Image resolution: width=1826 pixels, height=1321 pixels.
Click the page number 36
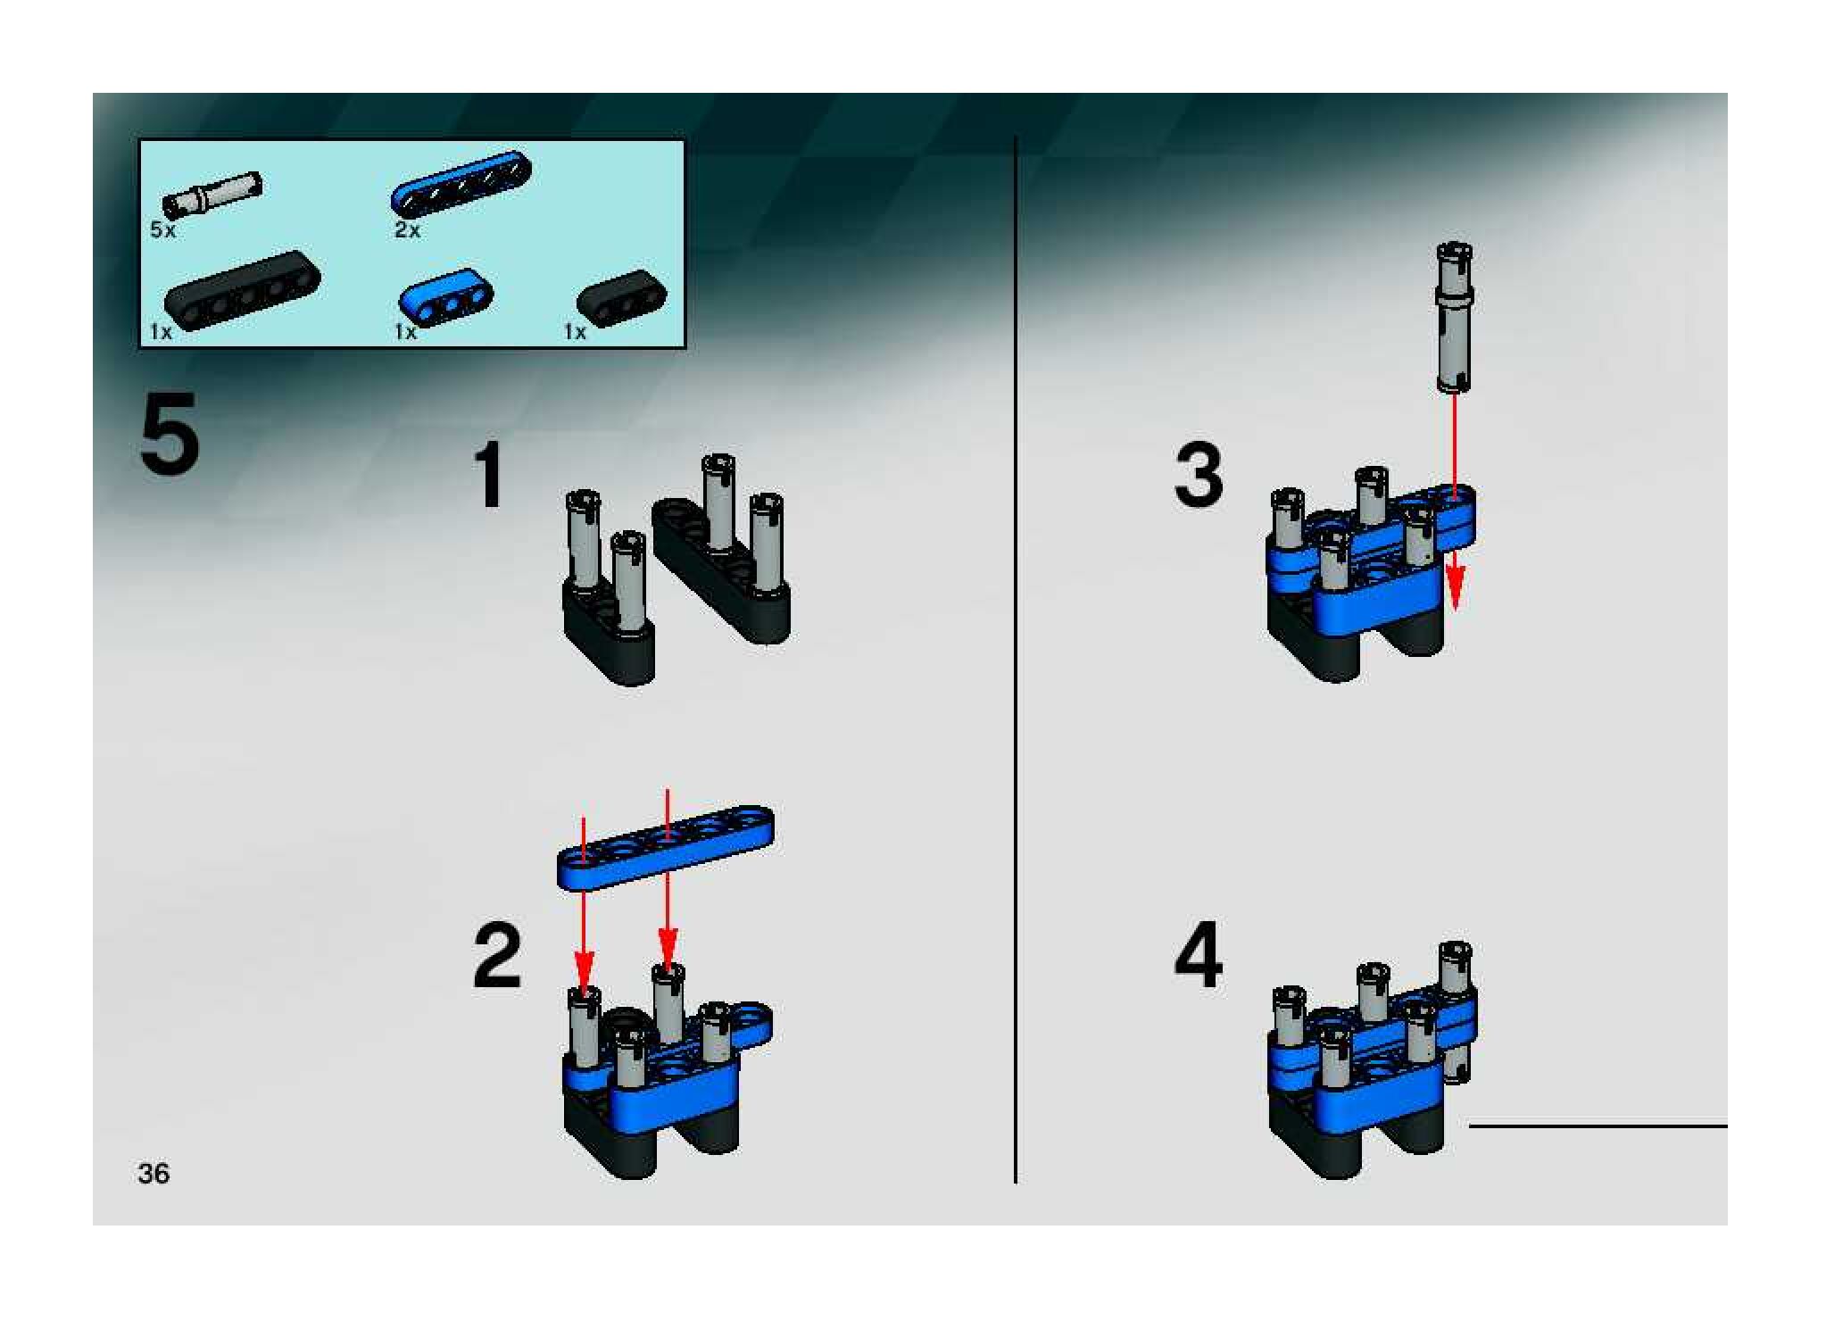(154, 1173)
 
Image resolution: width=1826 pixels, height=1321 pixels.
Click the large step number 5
(169, 436)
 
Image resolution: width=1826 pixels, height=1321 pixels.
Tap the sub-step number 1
(488, 477)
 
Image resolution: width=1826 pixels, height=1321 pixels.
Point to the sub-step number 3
(1198, 477)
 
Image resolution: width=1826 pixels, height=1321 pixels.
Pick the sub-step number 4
(1199, 956)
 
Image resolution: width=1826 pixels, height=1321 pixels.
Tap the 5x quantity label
(163, 230)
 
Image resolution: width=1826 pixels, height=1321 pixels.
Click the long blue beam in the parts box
(461, 184)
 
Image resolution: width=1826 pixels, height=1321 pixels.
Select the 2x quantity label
(407, 230)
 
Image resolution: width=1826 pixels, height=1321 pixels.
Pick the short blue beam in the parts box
(446, 295)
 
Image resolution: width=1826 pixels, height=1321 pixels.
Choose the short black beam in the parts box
(623, 295)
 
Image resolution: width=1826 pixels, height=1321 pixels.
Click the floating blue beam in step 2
(666, 847)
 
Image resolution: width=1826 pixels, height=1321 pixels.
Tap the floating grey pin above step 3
(1454, 317)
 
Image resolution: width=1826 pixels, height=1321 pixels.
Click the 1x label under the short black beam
(575, 332)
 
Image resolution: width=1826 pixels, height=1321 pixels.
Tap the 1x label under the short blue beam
(406, 332)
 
